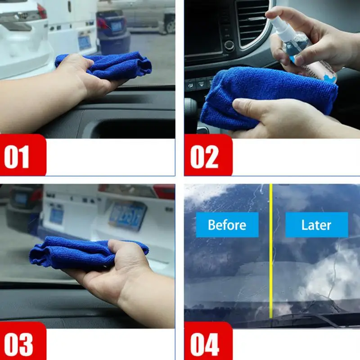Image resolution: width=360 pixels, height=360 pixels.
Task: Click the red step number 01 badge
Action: click(23, 155)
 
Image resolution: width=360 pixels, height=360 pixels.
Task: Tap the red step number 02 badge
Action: click(208, 155)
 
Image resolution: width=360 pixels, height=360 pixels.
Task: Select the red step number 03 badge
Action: click(23, 341)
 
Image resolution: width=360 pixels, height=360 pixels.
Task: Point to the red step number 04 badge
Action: click(208, 341)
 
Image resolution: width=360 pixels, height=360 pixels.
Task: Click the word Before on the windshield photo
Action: click(227, 225)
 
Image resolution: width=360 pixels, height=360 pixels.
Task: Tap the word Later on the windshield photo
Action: click(316, 225)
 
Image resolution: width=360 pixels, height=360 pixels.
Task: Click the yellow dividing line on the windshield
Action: click(271, 251)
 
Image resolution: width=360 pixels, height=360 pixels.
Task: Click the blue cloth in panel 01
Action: click(106, 65)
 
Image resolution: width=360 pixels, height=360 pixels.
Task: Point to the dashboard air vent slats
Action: click(252, 22)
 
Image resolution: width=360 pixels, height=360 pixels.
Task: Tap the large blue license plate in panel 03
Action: click(128, 216)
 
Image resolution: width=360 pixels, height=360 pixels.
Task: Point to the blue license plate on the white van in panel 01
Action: click(85, 43)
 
